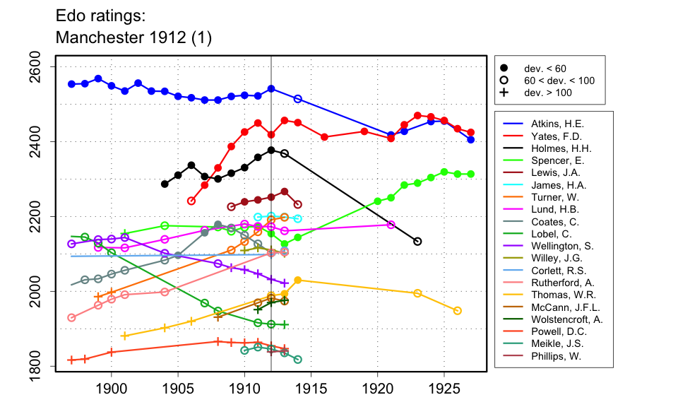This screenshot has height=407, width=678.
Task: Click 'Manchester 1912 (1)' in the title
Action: point(133,36)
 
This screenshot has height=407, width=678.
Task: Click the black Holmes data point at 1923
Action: point(417,242)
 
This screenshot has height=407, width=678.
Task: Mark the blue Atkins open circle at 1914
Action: point(298,99)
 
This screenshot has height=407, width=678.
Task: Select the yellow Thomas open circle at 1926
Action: point(458,311)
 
